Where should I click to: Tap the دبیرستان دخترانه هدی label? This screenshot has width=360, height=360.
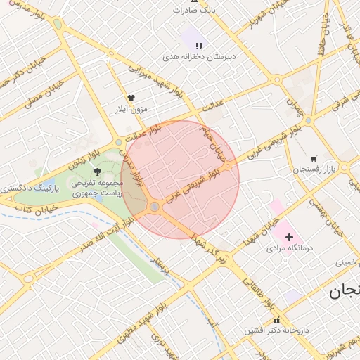point(199,56)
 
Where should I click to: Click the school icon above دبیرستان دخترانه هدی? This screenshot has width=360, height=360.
point(199,45)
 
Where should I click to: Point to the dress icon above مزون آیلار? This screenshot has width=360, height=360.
point(131,98)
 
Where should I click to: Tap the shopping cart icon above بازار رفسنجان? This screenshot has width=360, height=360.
point(313,159)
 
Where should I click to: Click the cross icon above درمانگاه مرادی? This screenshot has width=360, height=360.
point(289,238)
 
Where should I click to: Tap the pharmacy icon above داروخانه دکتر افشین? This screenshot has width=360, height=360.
point(276,320)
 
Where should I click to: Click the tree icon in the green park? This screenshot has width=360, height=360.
point(97,172)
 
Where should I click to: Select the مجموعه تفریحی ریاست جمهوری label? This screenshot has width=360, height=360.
point(97,187)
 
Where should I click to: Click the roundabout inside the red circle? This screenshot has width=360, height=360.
point(155,207)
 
